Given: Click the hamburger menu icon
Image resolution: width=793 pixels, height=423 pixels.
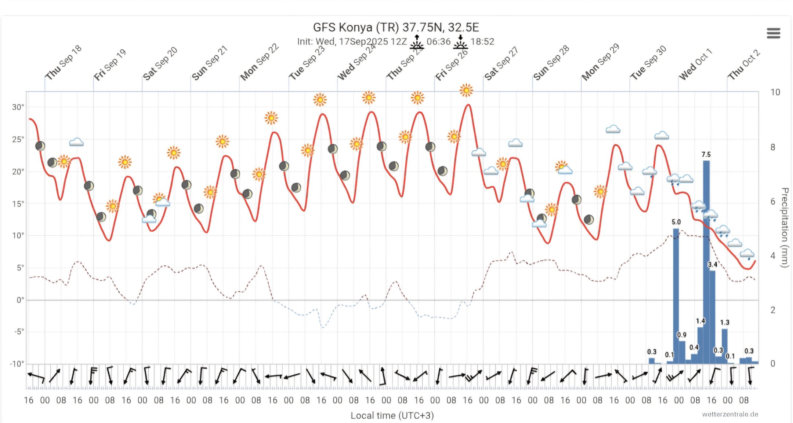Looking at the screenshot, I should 773,33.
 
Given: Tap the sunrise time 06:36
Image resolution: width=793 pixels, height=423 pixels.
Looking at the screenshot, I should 438,41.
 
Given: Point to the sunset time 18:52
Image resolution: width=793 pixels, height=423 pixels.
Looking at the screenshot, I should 482,41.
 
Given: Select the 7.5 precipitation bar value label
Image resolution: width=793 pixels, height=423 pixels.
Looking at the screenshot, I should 706,155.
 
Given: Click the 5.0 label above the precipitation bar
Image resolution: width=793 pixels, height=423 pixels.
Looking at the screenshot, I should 676,222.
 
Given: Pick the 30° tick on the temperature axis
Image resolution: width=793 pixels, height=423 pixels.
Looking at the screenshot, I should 18,107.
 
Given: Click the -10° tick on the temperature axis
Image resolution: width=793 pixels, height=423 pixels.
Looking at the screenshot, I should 17,364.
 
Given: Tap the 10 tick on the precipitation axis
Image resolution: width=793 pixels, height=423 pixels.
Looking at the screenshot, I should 775,92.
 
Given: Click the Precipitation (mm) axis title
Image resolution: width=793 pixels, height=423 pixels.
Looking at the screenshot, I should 785,228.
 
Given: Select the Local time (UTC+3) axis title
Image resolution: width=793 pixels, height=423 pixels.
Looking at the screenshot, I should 392,415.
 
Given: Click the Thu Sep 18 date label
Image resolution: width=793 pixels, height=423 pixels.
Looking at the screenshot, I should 63,63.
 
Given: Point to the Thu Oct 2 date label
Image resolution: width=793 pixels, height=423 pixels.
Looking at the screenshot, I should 744,65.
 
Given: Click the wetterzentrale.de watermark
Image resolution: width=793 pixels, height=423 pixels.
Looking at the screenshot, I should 730,414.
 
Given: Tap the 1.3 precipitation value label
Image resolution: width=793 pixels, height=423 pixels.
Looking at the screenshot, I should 725,323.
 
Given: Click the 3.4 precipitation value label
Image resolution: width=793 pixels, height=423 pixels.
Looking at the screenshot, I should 712,265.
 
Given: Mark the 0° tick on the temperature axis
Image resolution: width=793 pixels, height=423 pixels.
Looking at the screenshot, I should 20,300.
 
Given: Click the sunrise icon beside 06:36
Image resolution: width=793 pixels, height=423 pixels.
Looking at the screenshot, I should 417,42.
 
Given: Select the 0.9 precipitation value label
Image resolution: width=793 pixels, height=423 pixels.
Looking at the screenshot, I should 681,335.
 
